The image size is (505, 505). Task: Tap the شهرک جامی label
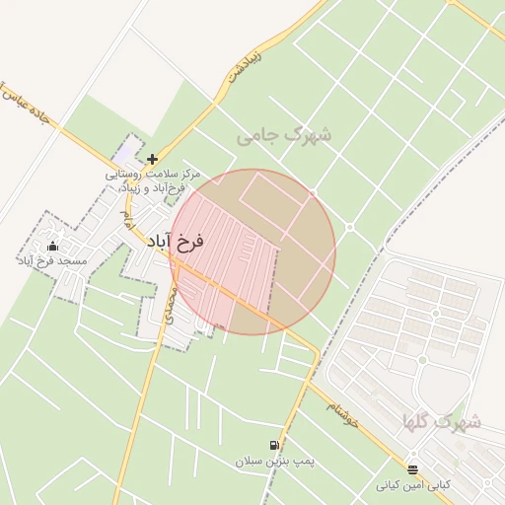284,134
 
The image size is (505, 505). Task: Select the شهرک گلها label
441,422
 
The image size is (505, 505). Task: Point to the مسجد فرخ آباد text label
52,260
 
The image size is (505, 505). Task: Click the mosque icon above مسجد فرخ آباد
52,246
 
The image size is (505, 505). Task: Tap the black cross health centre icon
152,159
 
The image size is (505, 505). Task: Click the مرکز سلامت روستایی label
154,174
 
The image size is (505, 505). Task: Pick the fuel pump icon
273,447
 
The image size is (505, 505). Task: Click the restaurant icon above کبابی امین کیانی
412,470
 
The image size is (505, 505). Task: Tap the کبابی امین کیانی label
412,485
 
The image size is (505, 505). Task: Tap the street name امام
125,219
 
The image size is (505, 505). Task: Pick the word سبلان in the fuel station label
248,462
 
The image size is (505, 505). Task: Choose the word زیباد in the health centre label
131,187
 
